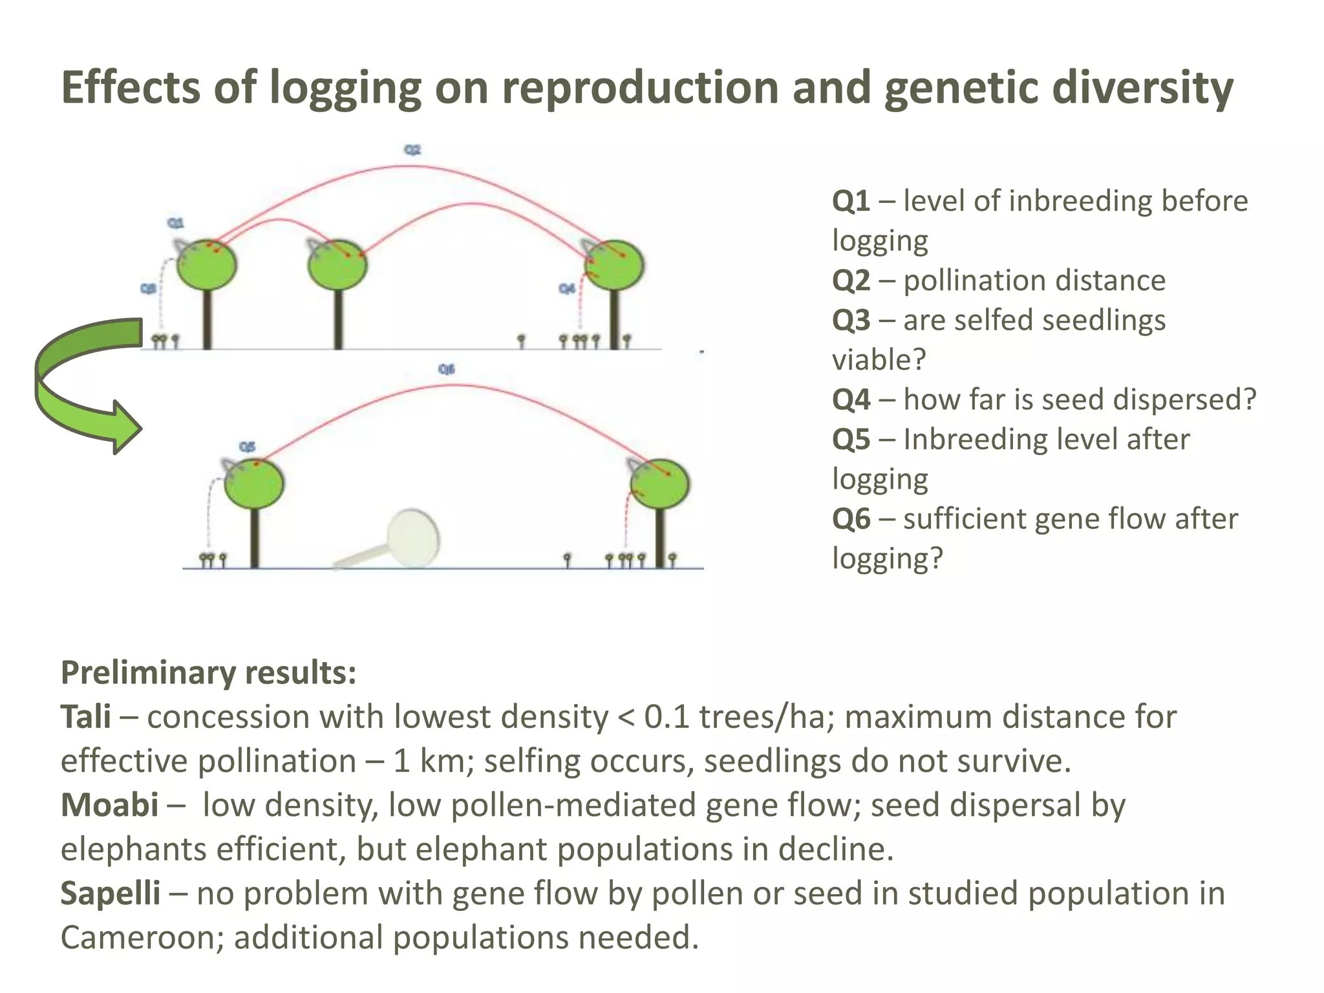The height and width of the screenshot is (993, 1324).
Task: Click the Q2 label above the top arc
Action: [412, 150]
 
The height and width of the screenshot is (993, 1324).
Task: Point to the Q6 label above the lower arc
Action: [446, 369]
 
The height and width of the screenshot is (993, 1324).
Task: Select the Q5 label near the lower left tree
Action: [247, 447]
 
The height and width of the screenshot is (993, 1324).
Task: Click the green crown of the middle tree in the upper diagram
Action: [337, 265]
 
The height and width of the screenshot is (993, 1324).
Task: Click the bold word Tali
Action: [85, 717]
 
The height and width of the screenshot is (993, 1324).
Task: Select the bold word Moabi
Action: [109, 806]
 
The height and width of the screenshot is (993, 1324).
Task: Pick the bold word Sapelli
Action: [111, 893]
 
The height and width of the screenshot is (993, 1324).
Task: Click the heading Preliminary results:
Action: [208, 673]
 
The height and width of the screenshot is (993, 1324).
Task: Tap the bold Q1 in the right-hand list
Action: [851, 201]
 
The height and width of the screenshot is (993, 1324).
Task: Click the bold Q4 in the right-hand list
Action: [851, 400]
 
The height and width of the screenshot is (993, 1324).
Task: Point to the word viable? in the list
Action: [879, 360]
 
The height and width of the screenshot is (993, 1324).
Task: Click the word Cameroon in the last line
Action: [142, 937]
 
